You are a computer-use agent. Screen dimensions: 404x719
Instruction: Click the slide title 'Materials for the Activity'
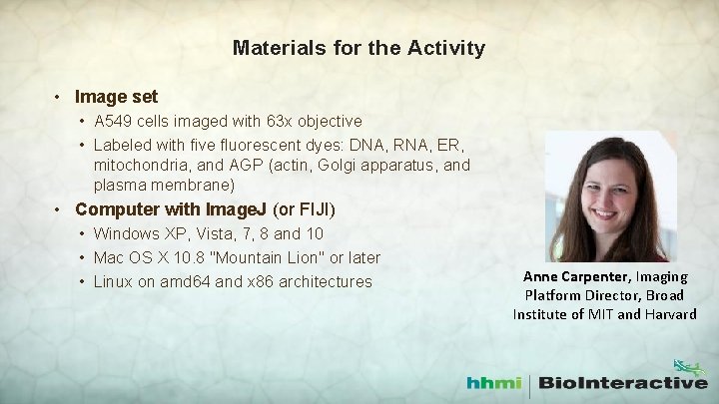359,48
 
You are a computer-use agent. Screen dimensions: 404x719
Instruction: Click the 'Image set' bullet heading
116,98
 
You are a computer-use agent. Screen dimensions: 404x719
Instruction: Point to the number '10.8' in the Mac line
198,258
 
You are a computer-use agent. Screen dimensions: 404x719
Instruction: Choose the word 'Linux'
115,282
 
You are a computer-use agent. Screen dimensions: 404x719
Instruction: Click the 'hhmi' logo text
495,382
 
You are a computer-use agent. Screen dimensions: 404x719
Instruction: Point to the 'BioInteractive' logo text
624,382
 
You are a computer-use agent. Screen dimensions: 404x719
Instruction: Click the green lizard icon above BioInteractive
688,367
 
